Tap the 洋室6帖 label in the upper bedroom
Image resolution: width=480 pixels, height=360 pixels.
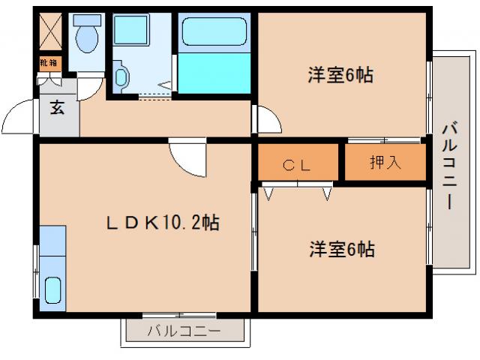point(340,75)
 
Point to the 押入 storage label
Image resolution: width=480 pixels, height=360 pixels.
point(385,163)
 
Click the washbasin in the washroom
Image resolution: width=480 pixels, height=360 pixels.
point(122,75)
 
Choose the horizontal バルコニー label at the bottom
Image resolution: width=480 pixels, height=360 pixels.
point(184,331)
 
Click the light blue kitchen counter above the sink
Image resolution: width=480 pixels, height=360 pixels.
point(52,240)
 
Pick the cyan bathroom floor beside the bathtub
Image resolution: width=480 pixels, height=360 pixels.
point(216,73)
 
